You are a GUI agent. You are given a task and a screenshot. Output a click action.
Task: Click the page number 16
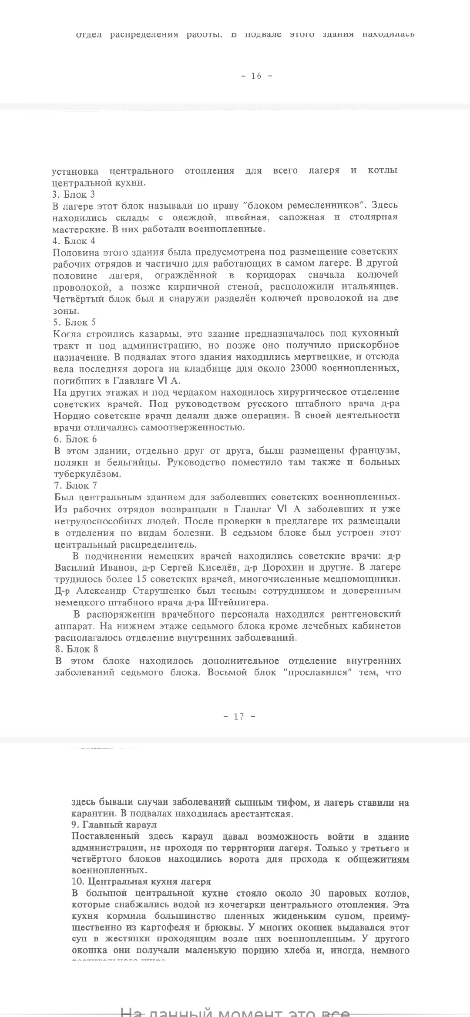256,76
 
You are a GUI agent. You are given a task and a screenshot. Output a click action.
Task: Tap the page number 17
239,717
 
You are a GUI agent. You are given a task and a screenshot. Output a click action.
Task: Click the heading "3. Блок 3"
74,194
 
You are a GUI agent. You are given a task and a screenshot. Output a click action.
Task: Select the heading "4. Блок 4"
74,241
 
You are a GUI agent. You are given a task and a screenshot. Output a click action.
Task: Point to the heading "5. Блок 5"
74,322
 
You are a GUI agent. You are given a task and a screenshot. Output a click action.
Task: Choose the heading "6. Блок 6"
75,439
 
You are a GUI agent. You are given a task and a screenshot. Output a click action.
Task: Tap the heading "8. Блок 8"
76,649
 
